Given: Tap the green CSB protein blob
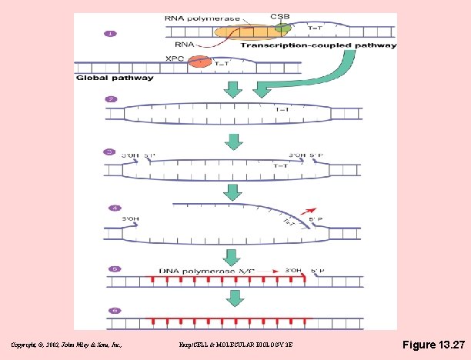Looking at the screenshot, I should click(283, 28).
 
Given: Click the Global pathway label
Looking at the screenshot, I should click(115, 77).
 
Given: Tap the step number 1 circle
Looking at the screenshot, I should click(112, 34).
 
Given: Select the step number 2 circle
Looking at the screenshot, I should click(112, 99).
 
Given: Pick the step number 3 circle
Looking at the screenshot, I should click(112, 151).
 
